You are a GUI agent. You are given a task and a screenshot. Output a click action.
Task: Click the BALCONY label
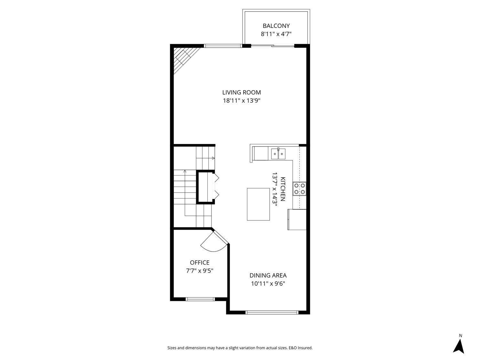pos(276,26)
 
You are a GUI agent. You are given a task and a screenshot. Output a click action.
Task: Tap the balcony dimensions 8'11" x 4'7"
pos(276,34)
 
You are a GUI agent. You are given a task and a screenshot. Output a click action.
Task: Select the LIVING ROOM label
pos(242,92)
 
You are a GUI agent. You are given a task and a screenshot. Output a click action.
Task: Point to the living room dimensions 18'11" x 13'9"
pos(242,101)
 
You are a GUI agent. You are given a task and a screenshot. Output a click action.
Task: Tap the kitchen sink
pos(278,154)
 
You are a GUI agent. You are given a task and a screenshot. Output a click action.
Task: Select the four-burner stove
pos(300,188)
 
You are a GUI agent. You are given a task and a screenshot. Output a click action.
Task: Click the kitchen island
pos(258,204)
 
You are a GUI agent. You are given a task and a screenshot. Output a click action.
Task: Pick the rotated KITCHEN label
pos(283,189)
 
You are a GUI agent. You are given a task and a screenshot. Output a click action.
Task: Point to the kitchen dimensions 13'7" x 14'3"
pos(275,190)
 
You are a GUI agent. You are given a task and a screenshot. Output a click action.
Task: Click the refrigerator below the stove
pos(297,219)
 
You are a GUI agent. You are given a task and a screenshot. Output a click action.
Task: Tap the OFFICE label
pos(200,263)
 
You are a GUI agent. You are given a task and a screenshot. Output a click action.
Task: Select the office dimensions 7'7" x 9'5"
pos(200,271)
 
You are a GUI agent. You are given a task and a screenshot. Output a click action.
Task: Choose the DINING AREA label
pos(268,276)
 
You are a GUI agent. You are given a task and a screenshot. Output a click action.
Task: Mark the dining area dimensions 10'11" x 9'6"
pos(268,284)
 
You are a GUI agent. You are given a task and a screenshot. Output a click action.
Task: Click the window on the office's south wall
pos(200,299)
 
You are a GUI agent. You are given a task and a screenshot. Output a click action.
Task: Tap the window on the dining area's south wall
pos(272,312)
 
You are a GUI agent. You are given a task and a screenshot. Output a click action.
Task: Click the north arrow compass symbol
pos(459,346)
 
